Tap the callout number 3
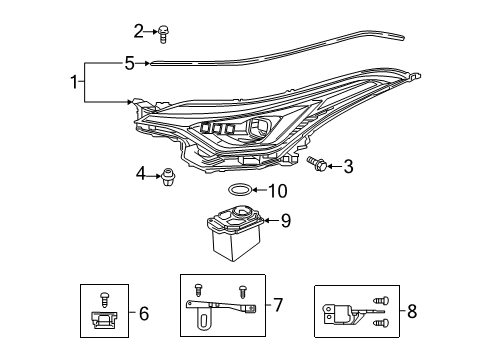349,166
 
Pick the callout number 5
129,63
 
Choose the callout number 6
144,314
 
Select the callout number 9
285,221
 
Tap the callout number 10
280,190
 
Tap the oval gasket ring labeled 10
241,189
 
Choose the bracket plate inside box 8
343,313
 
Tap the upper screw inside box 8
379,301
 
